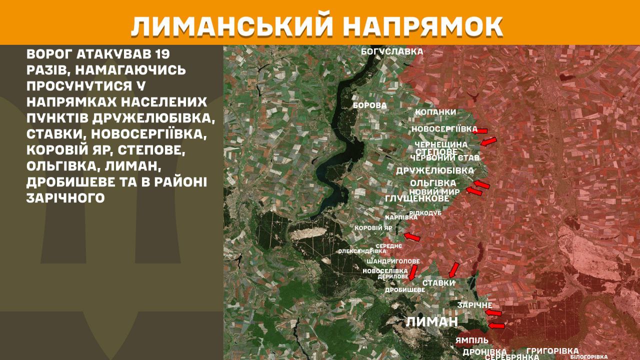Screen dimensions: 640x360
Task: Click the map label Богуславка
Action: pos(392,51)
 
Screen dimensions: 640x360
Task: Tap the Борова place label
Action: pos(369,105)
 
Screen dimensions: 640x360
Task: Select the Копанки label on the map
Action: pos(435,112)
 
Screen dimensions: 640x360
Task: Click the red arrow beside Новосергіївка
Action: pos(481,131)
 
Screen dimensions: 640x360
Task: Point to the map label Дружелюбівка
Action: pos(434,170)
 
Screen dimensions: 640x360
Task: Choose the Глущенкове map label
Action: pos(417,198)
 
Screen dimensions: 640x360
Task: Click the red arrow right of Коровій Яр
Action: pos(411,236)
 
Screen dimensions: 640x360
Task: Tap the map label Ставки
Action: pos(438,283)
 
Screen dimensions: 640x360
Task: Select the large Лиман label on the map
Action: pos(431,321)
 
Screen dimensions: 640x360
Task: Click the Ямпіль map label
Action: pos(471,340)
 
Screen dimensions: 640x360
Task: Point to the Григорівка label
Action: pos(552,351)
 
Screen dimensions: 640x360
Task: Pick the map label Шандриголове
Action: pos(393,261)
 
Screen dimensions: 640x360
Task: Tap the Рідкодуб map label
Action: pos(425,213)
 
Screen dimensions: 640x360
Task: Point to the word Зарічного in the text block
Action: pos(65,198)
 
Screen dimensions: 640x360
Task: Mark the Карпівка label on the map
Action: pos(401,217)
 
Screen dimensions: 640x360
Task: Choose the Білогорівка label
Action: pos(588,357)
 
